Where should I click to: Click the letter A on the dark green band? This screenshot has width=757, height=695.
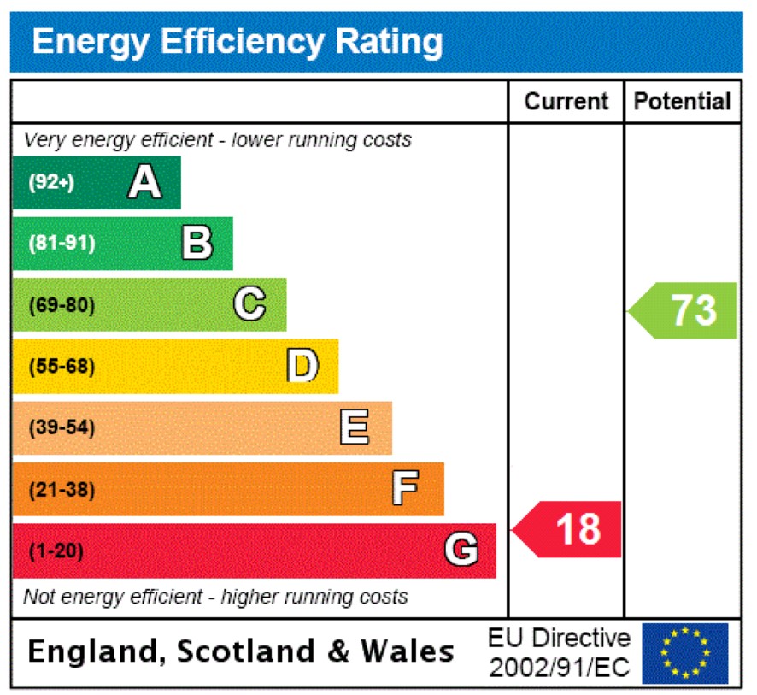pos(144,182)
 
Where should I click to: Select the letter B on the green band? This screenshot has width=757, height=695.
pos(197,243)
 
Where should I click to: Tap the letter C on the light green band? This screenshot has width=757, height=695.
pos(249,304)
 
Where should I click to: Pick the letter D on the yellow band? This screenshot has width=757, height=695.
pos(302,366)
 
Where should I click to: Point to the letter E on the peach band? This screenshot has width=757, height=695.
pos(355,427)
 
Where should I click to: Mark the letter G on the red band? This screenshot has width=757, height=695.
pos(461,551)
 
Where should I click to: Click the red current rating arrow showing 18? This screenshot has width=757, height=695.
pos(568,529)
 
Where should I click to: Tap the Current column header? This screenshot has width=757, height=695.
pos(566,102)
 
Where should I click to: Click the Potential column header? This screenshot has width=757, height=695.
pos(683,102)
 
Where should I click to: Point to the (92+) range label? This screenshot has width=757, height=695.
pos(51,183)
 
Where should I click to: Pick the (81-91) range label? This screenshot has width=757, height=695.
pos(62,244)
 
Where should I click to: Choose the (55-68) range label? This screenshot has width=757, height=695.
pos(62,367)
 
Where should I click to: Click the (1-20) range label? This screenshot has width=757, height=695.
pos(56,551)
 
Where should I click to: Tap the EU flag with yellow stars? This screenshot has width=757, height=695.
pos(685,653)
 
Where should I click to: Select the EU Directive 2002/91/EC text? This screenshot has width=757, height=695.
pos(560,653)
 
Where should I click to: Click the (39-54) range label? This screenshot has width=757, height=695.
pos(62,428)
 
